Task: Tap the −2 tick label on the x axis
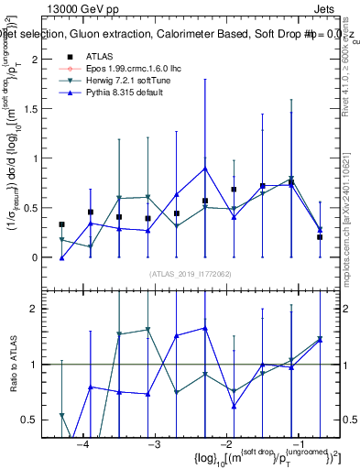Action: tap(224, 442)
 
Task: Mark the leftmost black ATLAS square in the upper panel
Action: tap(61, 224)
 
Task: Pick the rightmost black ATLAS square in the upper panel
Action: tap(320, 237)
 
